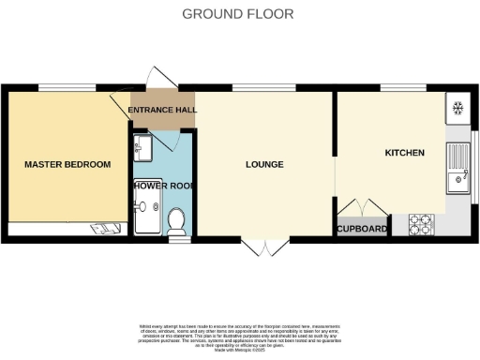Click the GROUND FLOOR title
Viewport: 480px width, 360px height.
237,14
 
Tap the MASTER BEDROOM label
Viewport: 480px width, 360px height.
67,164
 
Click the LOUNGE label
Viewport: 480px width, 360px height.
264,164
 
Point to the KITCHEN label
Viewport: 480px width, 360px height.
405,152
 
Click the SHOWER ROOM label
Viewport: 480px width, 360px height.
163,186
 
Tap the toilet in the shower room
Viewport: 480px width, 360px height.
175,220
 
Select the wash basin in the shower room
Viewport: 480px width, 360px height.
142,148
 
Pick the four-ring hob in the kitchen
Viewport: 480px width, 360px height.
419,225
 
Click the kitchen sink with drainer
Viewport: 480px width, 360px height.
458,168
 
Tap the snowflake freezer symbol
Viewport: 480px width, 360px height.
458,109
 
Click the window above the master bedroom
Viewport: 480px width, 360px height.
67,88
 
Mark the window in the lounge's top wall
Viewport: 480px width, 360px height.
247,88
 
